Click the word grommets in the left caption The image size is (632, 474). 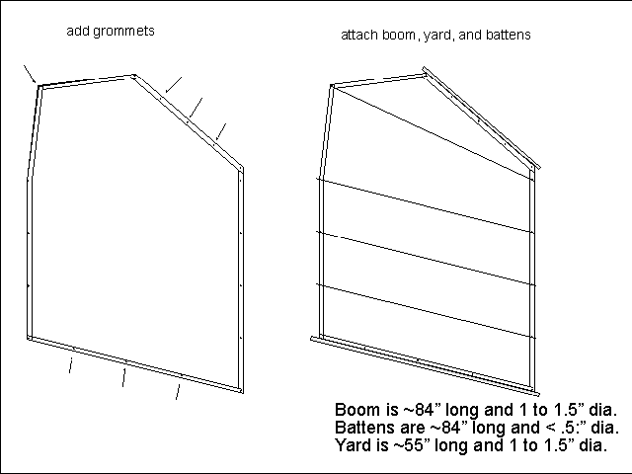click(123, 32)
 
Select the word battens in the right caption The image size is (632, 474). click(508, 36)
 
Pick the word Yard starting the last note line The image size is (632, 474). click(352, 445)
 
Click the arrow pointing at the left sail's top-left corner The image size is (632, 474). click(30, 75)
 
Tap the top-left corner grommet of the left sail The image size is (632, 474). click(39, 86)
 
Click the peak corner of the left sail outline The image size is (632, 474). click(134, 75)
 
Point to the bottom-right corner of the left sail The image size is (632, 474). click(242, 392)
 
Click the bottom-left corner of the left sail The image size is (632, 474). click(29, 338)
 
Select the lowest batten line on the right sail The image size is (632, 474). click(426, 311)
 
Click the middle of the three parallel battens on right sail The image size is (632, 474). click(426, 259)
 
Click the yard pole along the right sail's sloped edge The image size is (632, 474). click(481, 118)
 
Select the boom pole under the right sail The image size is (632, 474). click(425, 367)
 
